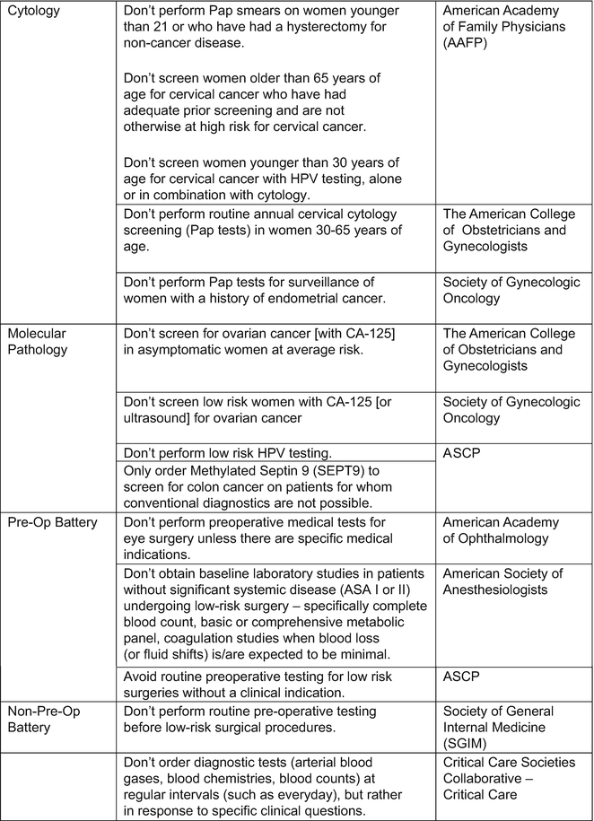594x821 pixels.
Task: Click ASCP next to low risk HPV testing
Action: coord(463,453)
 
